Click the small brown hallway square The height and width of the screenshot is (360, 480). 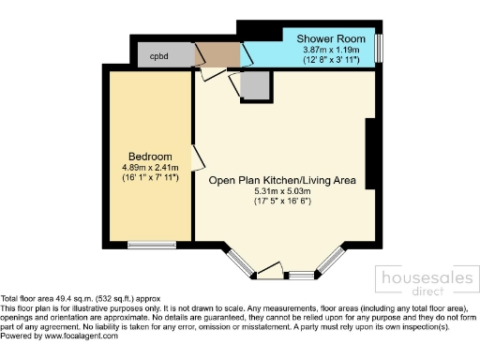218,55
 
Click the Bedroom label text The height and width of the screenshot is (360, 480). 150,156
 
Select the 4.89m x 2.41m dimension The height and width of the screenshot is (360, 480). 150,167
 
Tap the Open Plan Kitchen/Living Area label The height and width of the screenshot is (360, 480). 281,181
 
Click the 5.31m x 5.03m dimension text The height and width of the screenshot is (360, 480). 281,192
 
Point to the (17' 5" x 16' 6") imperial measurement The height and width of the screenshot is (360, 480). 281,202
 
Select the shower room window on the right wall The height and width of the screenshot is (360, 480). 380,47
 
